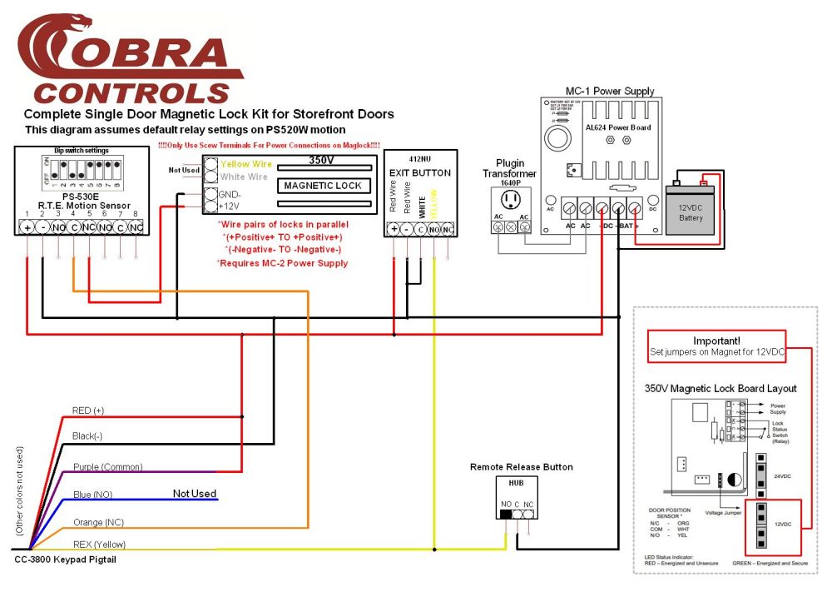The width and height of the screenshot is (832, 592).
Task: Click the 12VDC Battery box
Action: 691,212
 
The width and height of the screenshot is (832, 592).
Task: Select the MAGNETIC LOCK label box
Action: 323,186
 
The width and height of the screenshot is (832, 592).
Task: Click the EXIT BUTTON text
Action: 420,173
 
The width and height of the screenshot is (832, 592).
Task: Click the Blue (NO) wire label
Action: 94,495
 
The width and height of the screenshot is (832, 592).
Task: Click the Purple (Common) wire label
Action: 107,467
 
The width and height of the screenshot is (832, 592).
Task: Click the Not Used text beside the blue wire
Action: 194,494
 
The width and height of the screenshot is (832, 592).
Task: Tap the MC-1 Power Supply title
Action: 609,91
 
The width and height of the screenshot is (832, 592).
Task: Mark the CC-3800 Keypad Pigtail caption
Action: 65,560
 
